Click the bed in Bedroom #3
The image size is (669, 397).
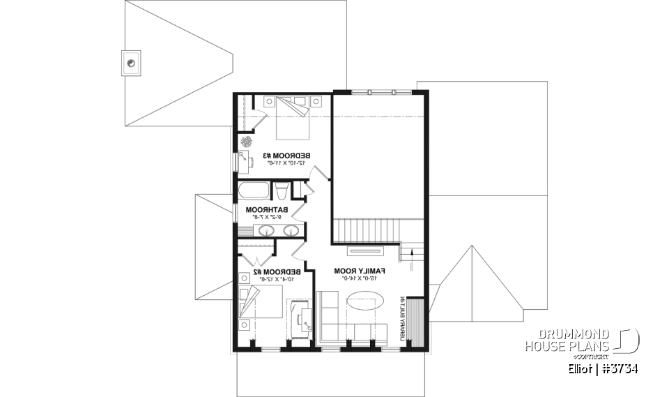tap(293, 117)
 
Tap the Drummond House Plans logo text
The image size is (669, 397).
tap(568, 340)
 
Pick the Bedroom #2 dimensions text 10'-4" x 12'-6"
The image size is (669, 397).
tap(275, 279)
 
